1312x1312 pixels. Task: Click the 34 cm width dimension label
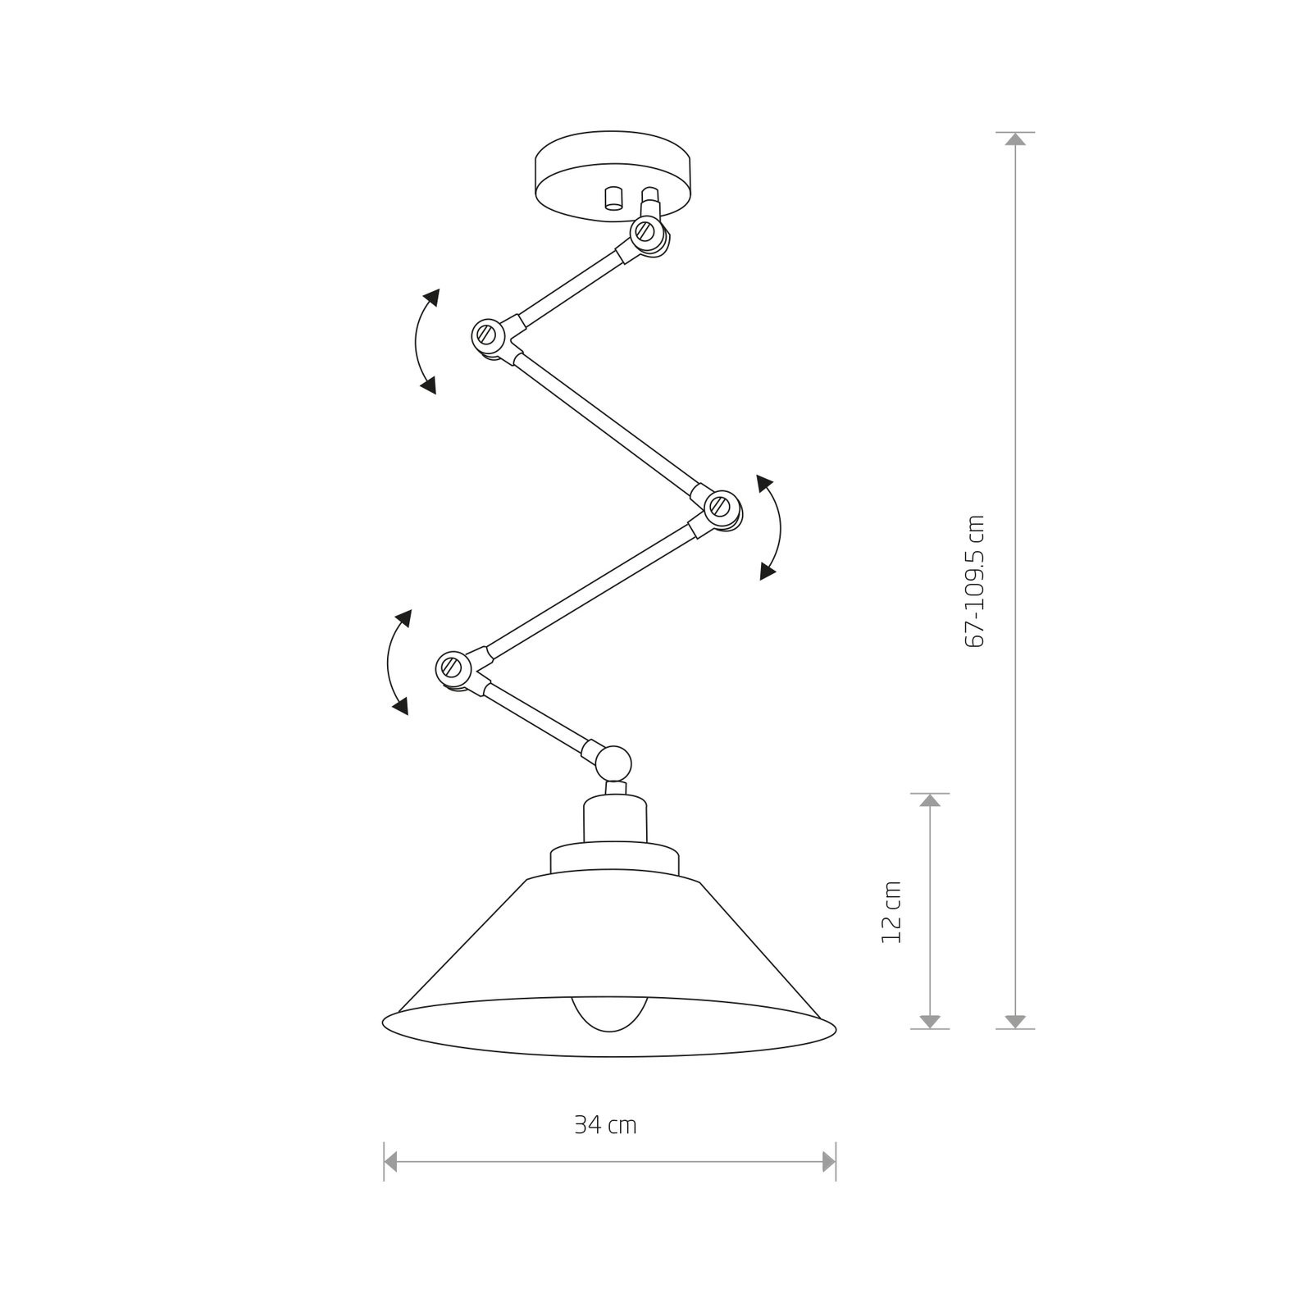(605, 1126)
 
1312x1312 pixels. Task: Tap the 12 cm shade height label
(891, 912)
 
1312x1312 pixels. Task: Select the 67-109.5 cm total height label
(975, 581)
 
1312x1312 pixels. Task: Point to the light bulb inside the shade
(609, 1014)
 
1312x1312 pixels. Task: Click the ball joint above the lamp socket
(613, 762)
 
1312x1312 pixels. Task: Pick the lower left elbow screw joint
(450, 666)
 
